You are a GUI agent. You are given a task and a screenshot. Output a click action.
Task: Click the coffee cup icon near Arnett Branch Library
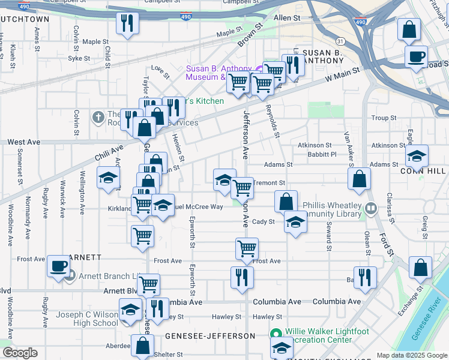[58, 266]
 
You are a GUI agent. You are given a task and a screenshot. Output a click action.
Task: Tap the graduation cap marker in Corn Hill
[417, 157]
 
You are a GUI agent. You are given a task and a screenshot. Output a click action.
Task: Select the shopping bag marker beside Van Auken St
[359, 179]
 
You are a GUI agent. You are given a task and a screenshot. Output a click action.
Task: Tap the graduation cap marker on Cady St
[295, 222]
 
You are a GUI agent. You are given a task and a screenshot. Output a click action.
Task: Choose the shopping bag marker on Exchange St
[421, 268]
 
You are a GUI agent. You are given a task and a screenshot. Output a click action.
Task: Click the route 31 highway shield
[340, 41]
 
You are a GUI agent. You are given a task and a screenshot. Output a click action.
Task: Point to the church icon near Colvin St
[98, 116]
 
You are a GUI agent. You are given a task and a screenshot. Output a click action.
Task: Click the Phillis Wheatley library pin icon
[371, 209]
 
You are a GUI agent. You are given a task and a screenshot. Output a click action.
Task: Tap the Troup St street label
[381, 118]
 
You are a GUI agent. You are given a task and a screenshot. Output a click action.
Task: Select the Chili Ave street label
[109, 154]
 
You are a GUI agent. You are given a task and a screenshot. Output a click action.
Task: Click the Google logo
[20, 353]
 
